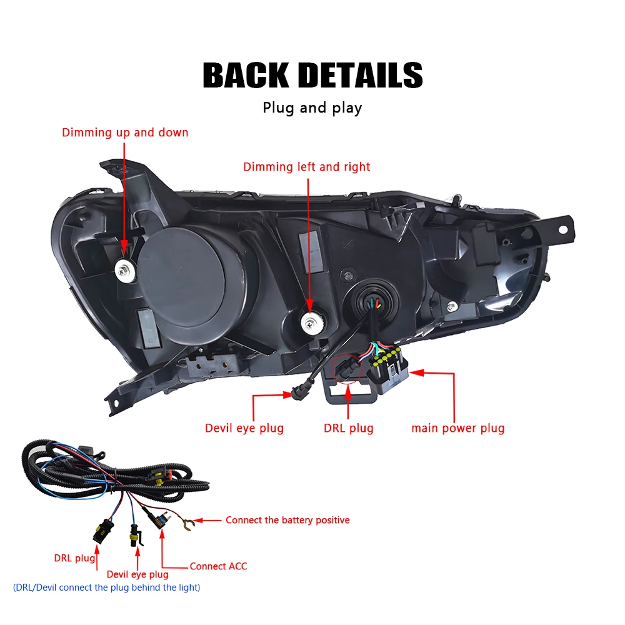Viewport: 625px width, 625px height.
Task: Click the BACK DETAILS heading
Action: (312, 76)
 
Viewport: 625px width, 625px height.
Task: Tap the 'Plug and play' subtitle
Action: (312, 107)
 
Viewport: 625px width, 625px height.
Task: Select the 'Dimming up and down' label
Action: (125, 132)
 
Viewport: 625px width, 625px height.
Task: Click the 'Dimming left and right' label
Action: (306, 167)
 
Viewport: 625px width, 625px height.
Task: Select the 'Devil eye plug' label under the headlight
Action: (244, 428)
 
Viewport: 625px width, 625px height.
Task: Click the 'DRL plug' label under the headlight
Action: (348, 428)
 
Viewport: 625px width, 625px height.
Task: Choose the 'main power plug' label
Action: (457, 428)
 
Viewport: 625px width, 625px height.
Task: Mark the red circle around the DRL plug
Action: (347, 370)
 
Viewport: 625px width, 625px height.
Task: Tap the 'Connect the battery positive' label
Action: (287, 520)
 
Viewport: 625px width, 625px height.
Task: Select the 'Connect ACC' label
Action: (218, 566)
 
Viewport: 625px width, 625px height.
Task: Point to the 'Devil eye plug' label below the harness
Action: (137, 574)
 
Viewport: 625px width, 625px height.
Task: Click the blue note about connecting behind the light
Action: (106, 587)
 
